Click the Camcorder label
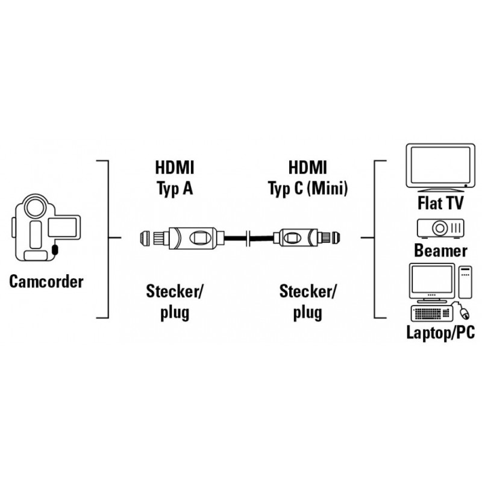pyautogui.click(x=46, y=281)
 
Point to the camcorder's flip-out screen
pyautogui.click(x=62, y=228)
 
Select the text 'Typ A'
pyautogui.click(x=174, y=190)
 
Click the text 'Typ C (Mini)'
pyautogui.click(x=307, y=190)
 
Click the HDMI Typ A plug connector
pyautogui.click(x=175, y=237)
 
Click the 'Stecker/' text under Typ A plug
pyautogui.click(x=175, y=292)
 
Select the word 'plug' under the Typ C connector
pyautogui.click(x=308, y=313)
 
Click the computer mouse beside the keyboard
pyautogui.click(x=466, y=313)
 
